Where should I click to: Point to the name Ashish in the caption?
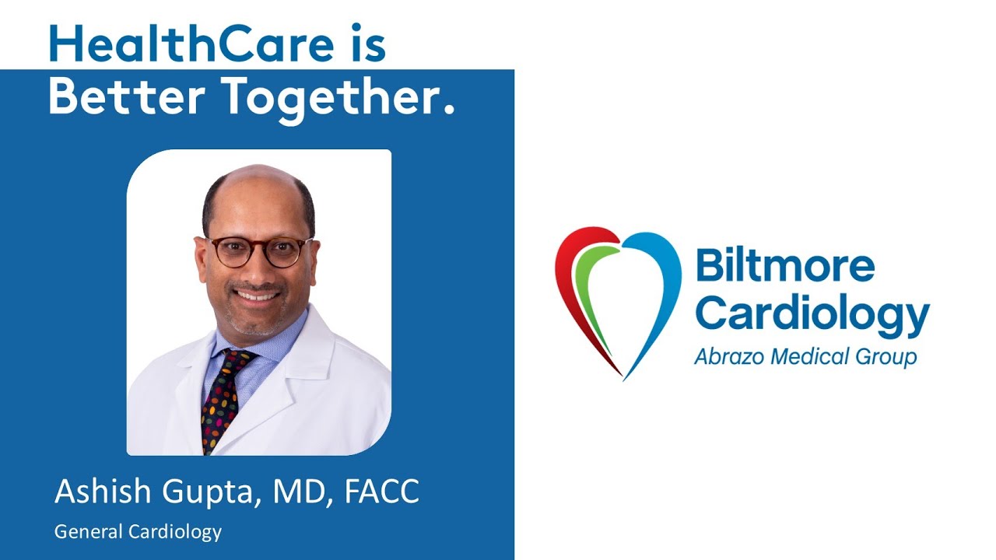click(100, 492)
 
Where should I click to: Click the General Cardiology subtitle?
click(138, 532)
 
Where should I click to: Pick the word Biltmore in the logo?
click(784, 266)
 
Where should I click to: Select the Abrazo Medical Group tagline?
click(805, 356)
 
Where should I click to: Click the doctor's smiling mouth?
click(258, 296)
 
